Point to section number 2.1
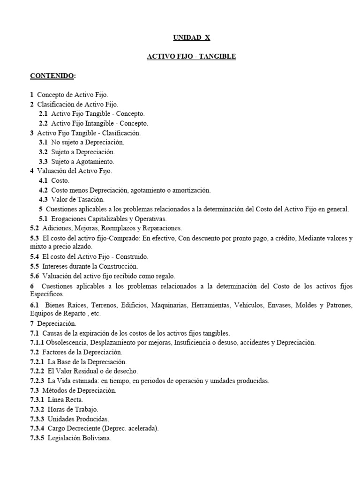click(x=43, y=114)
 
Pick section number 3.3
click(x=43, y=162)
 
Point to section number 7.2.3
click(x=37, y=381)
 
